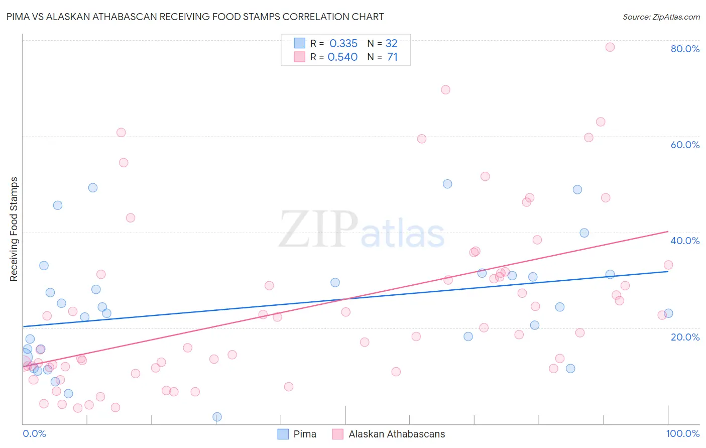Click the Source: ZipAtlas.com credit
coord(661,17)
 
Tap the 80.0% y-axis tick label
coord(685,49)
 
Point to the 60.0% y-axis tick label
coord(685,145)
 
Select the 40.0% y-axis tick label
coord(685,241)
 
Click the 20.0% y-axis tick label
coord(685,337)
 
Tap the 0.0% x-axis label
coord(34,433)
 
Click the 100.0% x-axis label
coord(682,433)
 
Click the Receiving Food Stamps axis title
coord(14,229)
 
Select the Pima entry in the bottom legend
coord(297,434)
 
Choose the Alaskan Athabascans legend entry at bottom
coord(389,434)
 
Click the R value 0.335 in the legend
coord(343,43)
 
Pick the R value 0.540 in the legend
coord(342,57)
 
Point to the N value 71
coord(392,57)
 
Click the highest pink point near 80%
coord(610,47)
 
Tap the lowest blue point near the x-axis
coord(217,417)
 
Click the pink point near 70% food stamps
coord(445,90)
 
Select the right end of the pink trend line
coord(668,231)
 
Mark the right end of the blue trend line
coord(668,271)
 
